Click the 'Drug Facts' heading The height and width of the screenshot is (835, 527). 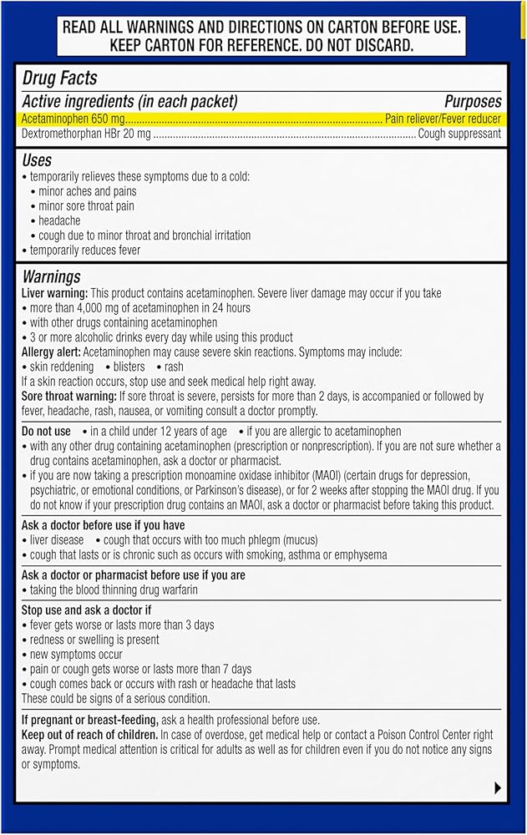59,79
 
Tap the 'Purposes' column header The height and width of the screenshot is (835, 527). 472,102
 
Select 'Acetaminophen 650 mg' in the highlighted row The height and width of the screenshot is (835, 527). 73,119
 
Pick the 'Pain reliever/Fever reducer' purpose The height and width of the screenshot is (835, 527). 443,119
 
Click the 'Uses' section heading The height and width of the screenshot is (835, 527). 37,159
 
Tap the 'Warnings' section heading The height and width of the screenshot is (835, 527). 51,276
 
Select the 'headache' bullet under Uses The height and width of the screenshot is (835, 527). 59,220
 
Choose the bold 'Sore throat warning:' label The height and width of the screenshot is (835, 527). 69,396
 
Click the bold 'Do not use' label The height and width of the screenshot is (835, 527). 46,432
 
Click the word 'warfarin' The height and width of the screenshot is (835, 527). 177,590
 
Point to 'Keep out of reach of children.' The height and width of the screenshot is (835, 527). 89,735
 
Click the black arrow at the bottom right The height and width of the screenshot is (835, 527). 498,787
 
